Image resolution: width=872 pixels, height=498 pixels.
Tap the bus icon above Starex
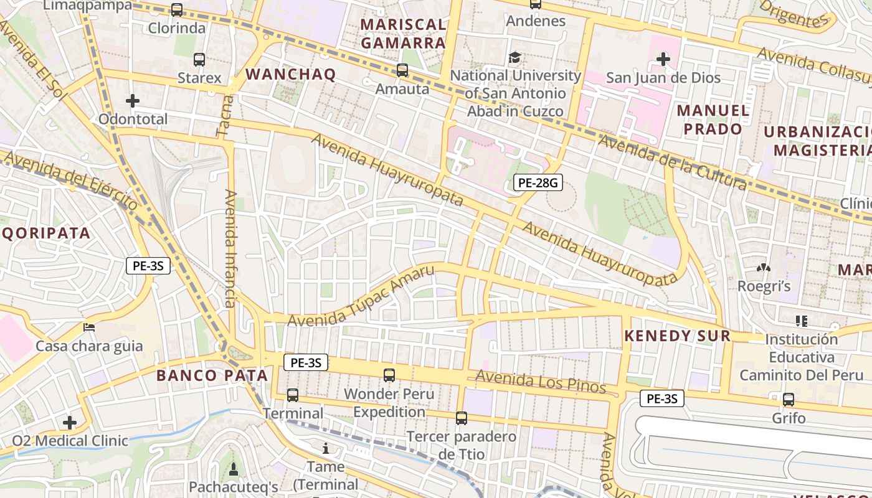199,60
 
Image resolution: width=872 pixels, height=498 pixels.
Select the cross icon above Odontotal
132,101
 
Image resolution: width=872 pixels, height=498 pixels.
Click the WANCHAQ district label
290,75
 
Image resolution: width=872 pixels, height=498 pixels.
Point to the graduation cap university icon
514,58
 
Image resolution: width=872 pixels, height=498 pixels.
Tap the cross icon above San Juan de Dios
663,60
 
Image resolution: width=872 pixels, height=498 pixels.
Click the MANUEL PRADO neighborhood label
713,120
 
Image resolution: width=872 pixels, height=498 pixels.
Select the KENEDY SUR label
677,336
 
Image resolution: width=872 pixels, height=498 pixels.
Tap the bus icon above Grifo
789,400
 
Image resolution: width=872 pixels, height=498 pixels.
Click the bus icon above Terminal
292,395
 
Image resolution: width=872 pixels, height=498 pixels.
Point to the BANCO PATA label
212,375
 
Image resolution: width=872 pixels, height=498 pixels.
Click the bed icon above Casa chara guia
89,327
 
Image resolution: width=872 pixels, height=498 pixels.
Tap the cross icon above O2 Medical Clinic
70,423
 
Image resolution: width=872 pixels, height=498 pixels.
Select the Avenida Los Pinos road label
540,381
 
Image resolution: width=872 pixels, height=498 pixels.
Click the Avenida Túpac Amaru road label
361,296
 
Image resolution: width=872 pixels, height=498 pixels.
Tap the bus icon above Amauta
402,70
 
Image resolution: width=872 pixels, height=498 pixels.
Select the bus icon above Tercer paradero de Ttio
461,418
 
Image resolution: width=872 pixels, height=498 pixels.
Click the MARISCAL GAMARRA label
404,34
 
